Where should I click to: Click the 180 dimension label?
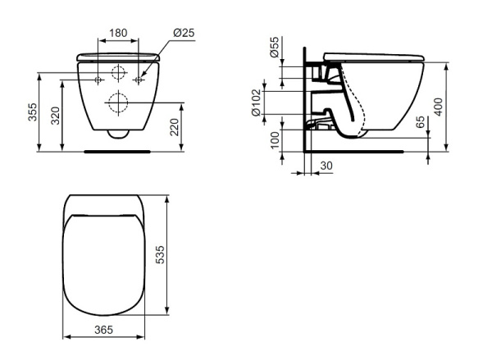point(118,33)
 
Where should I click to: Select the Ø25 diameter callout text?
point(184,33)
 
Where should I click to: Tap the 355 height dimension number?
point(33,112)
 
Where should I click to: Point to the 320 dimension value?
point(55,116)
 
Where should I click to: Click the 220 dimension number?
point(174,127)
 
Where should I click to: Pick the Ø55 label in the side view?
point(274,47)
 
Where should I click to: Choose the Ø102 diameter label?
point(256,103)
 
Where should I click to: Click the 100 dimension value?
point(275,140)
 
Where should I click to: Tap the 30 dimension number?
point(326,166)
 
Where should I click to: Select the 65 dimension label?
point(420,122)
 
